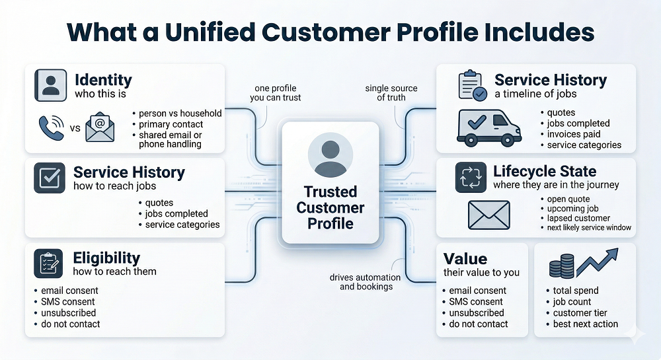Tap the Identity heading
(103, 80)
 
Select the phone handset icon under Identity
(50, 126)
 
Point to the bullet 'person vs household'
(180, 113)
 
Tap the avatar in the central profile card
(330, 155)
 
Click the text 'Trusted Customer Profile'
(330, 207)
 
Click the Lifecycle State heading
(545, 172)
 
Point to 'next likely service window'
(589, 228)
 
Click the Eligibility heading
(106, 258)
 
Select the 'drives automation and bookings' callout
(360, 282)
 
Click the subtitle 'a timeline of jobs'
(536, 94)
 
